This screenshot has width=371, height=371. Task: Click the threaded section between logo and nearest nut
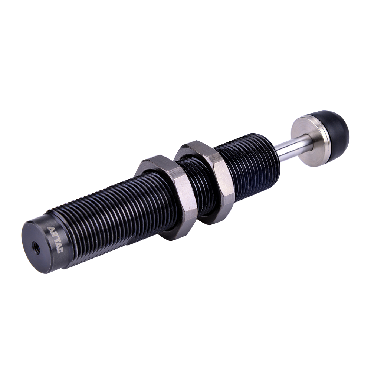pyautogui.click(x=111, y=223)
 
